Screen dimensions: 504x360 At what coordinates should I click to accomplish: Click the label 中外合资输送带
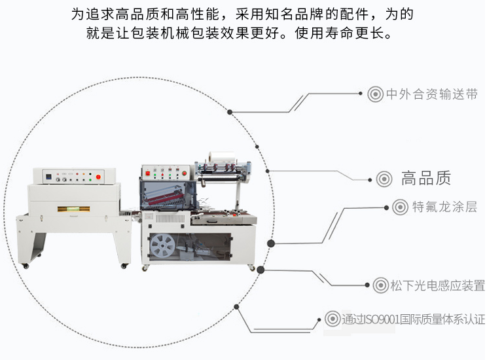tap(432, 94)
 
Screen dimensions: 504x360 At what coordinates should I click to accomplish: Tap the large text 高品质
tap(426, 179)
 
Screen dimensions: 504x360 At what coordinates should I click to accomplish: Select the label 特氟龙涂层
tap(444, 207)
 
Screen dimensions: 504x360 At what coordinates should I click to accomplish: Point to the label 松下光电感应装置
tap(437, 285)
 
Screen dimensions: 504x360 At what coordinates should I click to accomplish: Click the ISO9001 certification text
tap(414, 319)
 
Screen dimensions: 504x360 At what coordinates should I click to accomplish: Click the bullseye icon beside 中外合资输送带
tap(375, 94)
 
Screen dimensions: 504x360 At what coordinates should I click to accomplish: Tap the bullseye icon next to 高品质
tap(384, 179)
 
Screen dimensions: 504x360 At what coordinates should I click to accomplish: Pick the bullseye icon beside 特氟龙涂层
tap(400, 207)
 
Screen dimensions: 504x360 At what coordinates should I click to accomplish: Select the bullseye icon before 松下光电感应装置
tap(381, 285)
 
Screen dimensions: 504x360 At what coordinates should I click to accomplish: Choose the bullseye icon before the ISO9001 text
tap(333, 319)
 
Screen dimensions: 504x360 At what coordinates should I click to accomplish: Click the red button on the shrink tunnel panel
tap(98, 177)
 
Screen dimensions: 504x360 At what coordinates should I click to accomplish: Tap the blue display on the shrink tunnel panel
tap(49, 177)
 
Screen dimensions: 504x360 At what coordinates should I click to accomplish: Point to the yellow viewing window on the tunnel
tap(73, 209)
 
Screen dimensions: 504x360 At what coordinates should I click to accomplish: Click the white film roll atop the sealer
tap(222, 157)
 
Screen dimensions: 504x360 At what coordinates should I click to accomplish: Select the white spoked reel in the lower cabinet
tap(163, 246)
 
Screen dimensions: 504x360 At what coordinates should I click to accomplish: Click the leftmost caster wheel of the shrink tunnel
tap(26, 266)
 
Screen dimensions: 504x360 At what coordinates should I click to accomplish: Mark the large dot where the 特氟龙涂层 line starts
tap(271, 243)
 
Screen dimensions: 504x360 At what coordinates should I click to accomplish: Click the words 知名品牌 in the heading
tap(294, 14)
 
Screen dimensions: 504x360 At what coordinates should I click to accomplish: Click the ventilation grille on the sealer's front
tap(170, 219)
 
